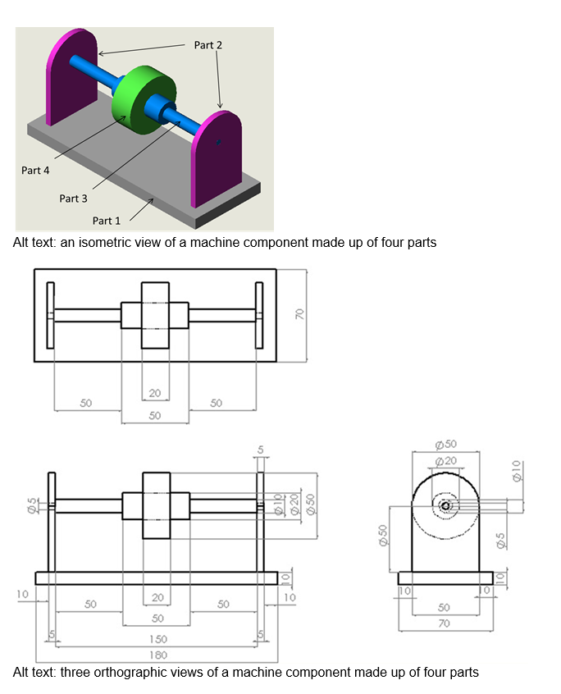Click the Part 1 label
click(x=106, y=221)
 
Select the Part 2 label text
click(x=208, y=45)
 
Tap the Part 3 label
click(x=73, y=199)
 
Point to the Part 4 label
click(x=35, y=171)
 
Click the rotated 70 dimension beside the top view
click(x=300, y=314)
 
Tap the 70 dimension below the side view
click(x=444, y=623)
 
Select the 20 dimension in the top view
click(x=155, y=393)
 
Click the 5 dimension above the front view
click(x=261, y=450)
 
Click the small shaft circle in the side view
click(x=445, y=506)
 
